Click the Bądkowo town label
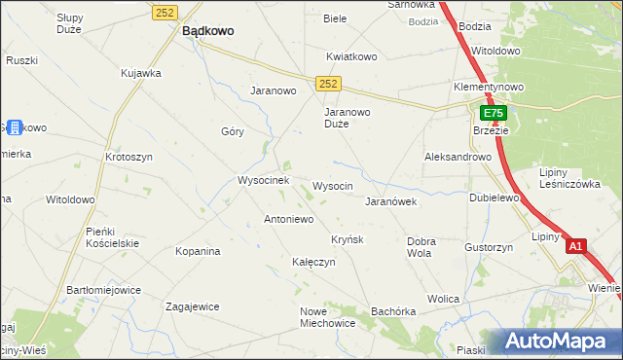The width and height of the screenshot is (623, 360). [x=207, y=30]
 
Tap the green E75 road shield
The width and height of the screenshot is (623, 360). [x=494, y=114]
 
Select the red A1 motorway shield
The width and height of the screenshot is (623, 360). [x=575, y=246]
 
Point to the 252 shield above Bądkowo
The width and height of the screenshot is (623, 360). [x=165, y=11]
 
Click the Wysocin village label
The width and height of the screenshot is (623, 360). [x=332, y=185]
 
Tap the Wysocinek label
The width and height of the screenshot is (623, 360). [x=263, y=180]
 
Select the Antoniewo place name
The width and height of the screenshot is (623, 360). [x=288, y=219]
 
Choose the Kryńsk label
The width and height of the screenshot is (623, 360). [x=347, y=239]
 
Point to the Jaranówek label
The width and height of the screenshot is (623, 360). [x=390, y=201]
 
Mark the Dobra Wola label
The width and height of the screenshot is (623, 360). [x=420, y=246]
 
